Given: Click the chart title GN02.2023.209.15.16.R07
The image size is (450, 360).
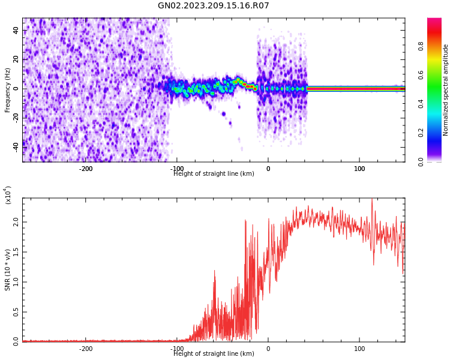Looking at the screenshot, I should (x=213, y=6).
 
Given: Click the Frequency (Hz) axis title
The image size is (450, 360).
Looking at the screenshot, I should (x=8, y=90).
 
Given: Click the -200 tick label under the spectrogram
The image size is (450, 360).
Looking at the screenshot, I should (x=86, y=169).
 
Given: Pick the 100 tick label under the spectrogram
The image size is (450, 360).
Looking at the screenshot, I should (x=359, y=169).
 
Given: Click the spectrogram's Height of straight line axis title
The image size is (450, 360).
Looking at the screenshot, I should (x=214, y=174).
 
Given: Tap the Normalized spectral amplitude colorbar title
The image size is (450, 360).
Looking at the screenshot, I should (x=446, y=90).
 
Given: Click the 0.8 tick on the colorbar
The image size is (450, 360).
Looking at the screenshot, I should (x=437, y=46).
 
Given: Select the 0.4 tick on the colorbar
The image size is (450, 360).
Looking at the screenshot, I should (x=437, y=104).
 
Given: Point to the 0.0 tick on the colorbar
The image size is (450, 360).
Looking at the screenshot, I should (x=437, y=161).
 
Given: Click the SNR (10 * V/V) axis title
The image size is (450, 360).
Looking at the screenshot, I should (x=8, y=270).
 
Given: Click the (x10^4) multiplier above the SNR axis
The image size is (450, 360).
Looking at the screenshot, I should (x=8, y=195).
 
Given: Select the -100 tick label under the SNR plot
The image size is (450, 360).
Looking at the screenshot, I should (x=177, y=349).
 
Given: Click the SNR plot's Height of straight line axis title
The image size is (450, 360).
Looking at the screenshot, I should (x=214, y=354).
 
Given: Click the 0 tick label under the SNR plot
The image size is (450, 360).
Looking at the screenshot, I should (x=268, y=349).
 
